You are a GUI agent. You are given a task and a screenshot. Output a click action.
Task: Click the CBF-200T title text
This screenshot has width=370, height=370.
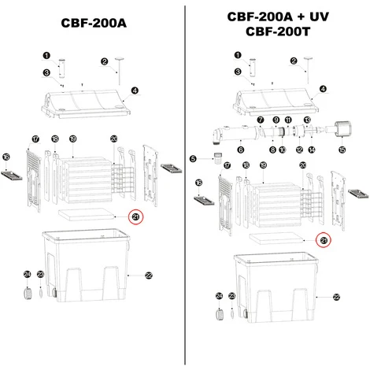[280, 33]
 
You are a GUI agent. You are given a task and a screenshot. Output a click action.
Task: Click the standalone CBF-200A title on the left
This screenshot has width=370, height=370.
[93, 24]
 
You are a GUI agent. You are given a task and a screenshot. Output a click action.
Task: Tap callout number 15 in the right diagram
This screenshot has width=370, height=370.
[341, 149]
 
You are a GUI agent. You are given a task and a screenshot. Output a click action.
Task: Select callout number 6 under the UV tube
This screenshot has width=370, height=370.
[241, 149]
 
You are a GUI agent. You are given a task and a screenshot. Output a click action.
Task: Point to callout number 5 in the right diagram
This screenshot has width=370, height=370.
[193, 159]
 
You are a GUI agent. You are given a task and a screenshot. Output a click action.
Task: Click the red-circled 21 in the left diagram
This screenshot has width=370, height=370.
[135, 217]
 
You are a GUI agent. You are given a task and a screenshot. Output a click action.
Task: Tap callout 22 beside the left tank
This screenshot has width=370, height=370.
[148, 275]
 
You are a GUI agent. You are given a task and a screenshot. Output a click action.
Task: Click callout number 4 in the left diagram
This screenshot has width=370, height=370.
[135, 91]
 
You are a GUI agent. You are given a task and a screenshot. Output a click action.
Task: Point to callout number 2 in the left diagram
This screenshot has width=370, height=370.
[105, 61]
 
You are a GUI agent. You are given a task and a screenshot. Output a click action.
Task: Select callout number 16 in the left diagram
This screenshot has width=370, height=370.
[6, 158]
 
